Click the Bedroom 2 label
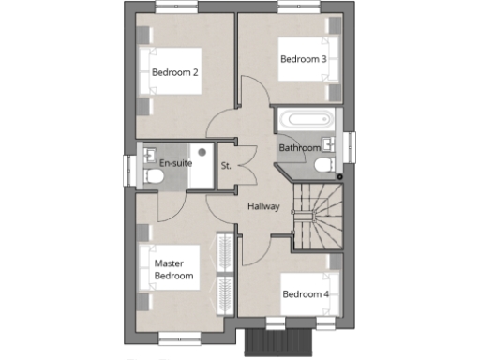pyautogui.click(x=173, y=72)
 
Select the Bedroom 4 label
pyautogui.click(x=306, y=293)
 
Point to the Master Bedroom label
pyautogui.click(x=174, y=270)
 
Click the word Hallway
pyautogui.click(x=263, y=206)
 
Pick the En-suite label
pyautogui.click(x=175, y=163)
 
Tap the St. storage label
pyautogui.click(x=226, y=166)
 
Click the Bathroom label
pyautogui.click(x=300, y=148)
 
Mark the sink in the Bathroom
pyautogui.click(x=328, y=143)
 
